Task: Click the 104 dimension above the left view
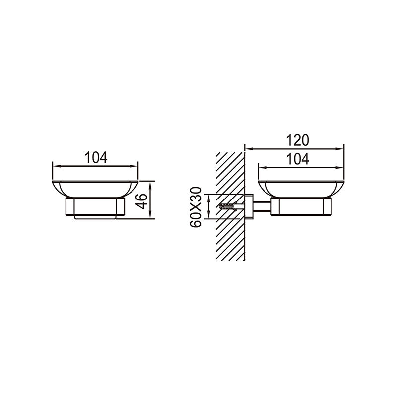[x=96, y=157]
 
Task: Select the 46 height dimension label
[x=142, y=201]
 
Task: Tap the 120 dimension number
[x=297, y=140]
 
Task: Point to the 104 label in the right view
[x=297, y=159]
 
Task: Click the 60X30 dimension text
[x=196, y=207]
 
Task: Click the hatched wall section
[x=230, y=206]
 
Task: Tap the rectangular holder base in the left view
[x=95, y=207]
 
